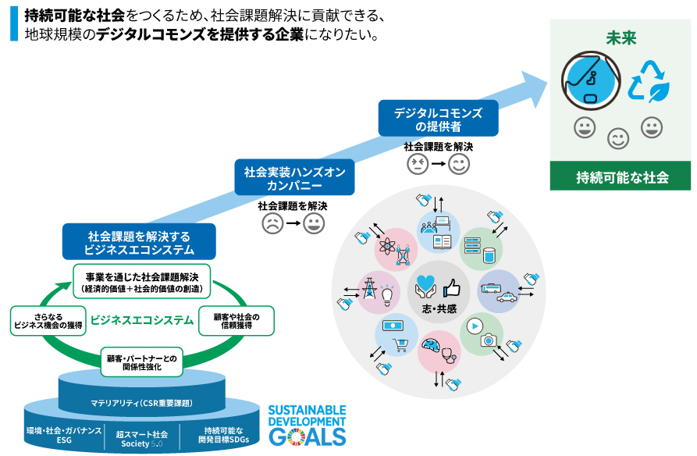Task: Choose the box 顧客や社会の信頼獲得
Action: coord(236,320)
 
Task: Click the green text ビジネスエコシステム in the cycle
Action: coord(142,320)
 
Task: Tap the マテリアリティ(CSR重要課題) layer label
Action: coord(140,403)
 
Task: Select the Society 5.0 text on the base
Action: coord(141,442)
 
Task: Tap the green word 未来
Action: coord(621,38)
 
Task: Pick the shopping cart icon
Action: coord(401,345)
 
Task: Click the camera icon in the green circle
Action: coord(488,340)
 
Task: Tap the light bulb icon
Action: coord(388,294)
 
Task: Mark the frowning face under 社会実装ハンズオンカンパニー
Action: coord(272,225)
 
